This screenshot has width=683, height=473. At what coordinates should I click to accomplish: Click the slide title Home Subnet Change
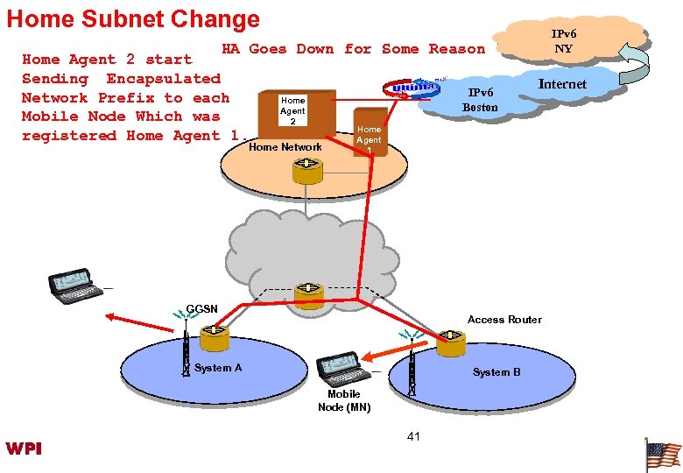(133, 18)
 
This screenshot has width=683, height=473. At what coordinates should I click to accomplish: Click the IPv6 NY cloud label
(563, 41)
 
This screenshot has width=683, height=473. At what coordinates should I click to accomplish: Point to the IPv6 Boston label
(480, 100)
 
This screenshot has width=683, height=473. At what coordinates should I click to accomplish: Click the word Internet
(562, 84)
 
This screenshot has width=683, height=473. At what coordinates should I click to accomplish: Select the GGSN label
(201, 308)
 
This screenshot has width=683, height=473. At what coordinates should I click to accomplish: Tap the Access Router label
(504, 319)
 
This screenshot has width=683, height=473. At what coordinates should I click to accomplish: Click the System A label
(218, 368)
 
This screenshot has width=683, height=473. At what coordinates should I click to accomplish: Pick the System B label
(496, 372)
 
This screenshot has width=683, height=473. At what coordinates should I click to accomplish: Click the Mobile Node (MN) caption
(344, 400)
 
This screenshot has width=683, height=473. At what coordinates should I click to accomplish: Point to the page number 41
(414, 435)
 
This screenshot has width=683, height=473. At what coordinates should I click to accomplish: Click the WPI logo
(23, 448)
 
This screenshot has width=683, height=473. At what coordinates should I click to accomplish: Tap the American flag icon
(663, 455)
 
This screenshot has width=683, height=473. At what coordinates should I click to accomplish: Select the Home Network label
(285, 147)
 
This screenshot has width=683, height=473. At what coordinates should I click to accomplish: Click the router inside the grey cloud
(308, 295)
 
